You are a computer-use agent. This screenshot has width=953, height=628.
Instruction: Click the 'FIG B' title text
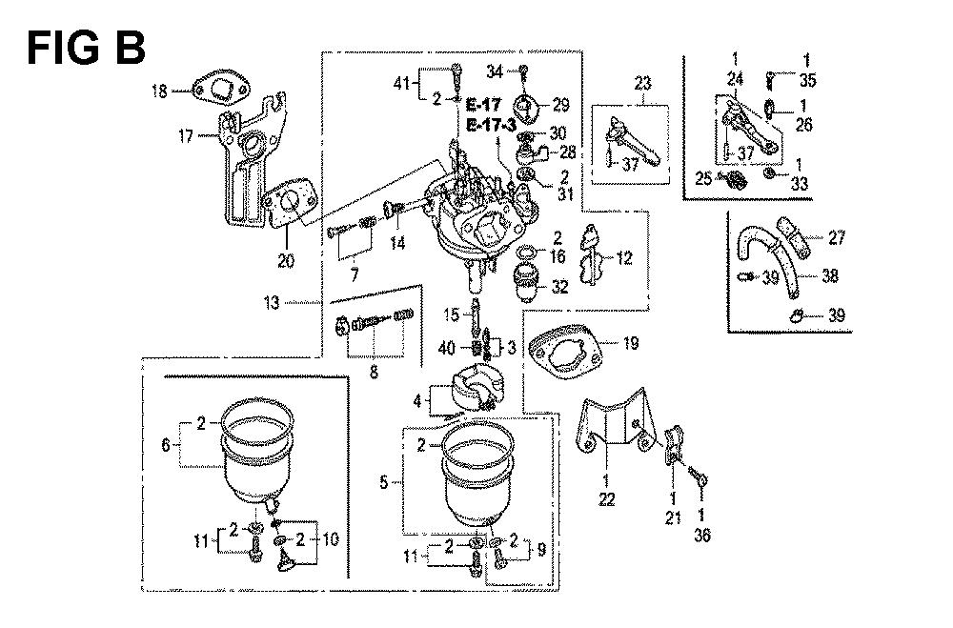click(x=86, y=46)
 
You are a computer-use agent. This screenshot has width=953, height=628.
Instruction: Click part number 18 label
click(x=157, y=91)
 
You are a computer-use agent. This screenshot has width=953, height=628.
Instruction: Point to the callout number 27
click(x=836, y=237)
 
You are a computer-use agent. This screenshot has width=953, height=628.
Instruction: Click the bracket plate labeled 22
click(x=616, y=429)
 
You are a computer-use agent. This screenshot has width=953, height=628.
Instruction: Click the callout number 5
click(x=382, y=483)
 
